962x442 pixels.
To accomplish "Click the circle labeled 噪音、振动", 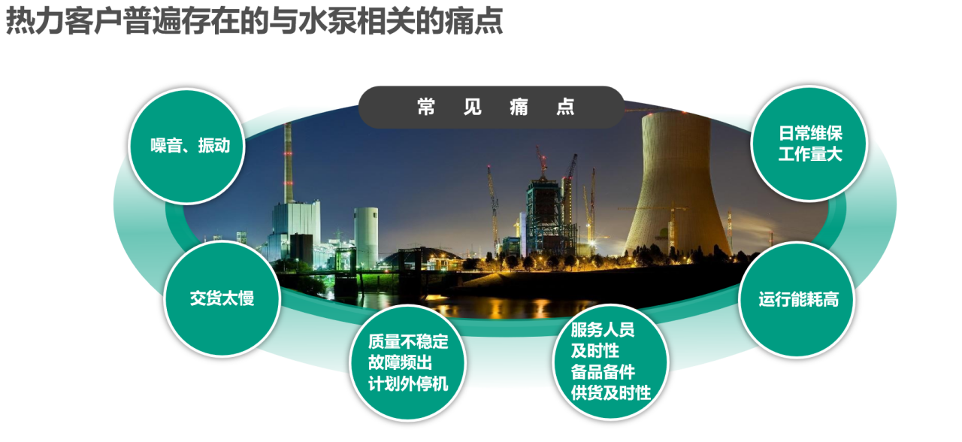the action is pos(187,146).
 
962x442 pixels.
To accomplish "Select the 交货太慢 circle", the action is pos(222,298).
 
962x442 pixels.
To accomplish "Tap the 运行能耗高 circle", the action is pos(797,299).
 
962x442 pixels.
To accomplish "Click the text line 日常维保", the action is pos(810,133).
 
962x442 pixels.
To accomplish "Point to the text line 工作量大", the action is pos(810,154).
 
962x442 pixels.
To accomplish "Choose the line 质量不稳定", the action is pos(408,342).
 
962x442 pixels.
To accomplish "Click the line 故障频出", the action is pos(400,363).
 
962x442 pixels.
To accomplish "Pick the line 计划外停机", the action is pos(408,384).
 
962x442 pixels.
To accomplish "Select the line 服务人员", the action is pos(603,330).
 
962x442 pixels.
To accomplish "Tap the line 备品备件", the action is pos(603,372).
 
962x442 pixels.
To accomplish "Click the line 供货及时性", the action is pos(611,393).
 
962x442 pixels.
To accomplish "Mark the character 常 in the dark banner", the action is pos(426,107).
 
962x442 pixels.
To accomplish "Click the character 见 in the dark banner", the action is pos(473,107).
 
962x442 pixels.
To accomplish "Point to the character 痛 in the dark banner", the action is pos(519,107).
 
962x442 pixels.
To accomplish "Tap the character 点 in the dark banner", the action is pos(565,107).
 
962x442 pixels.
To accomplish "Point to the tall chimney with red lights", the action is pos(289,163).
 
